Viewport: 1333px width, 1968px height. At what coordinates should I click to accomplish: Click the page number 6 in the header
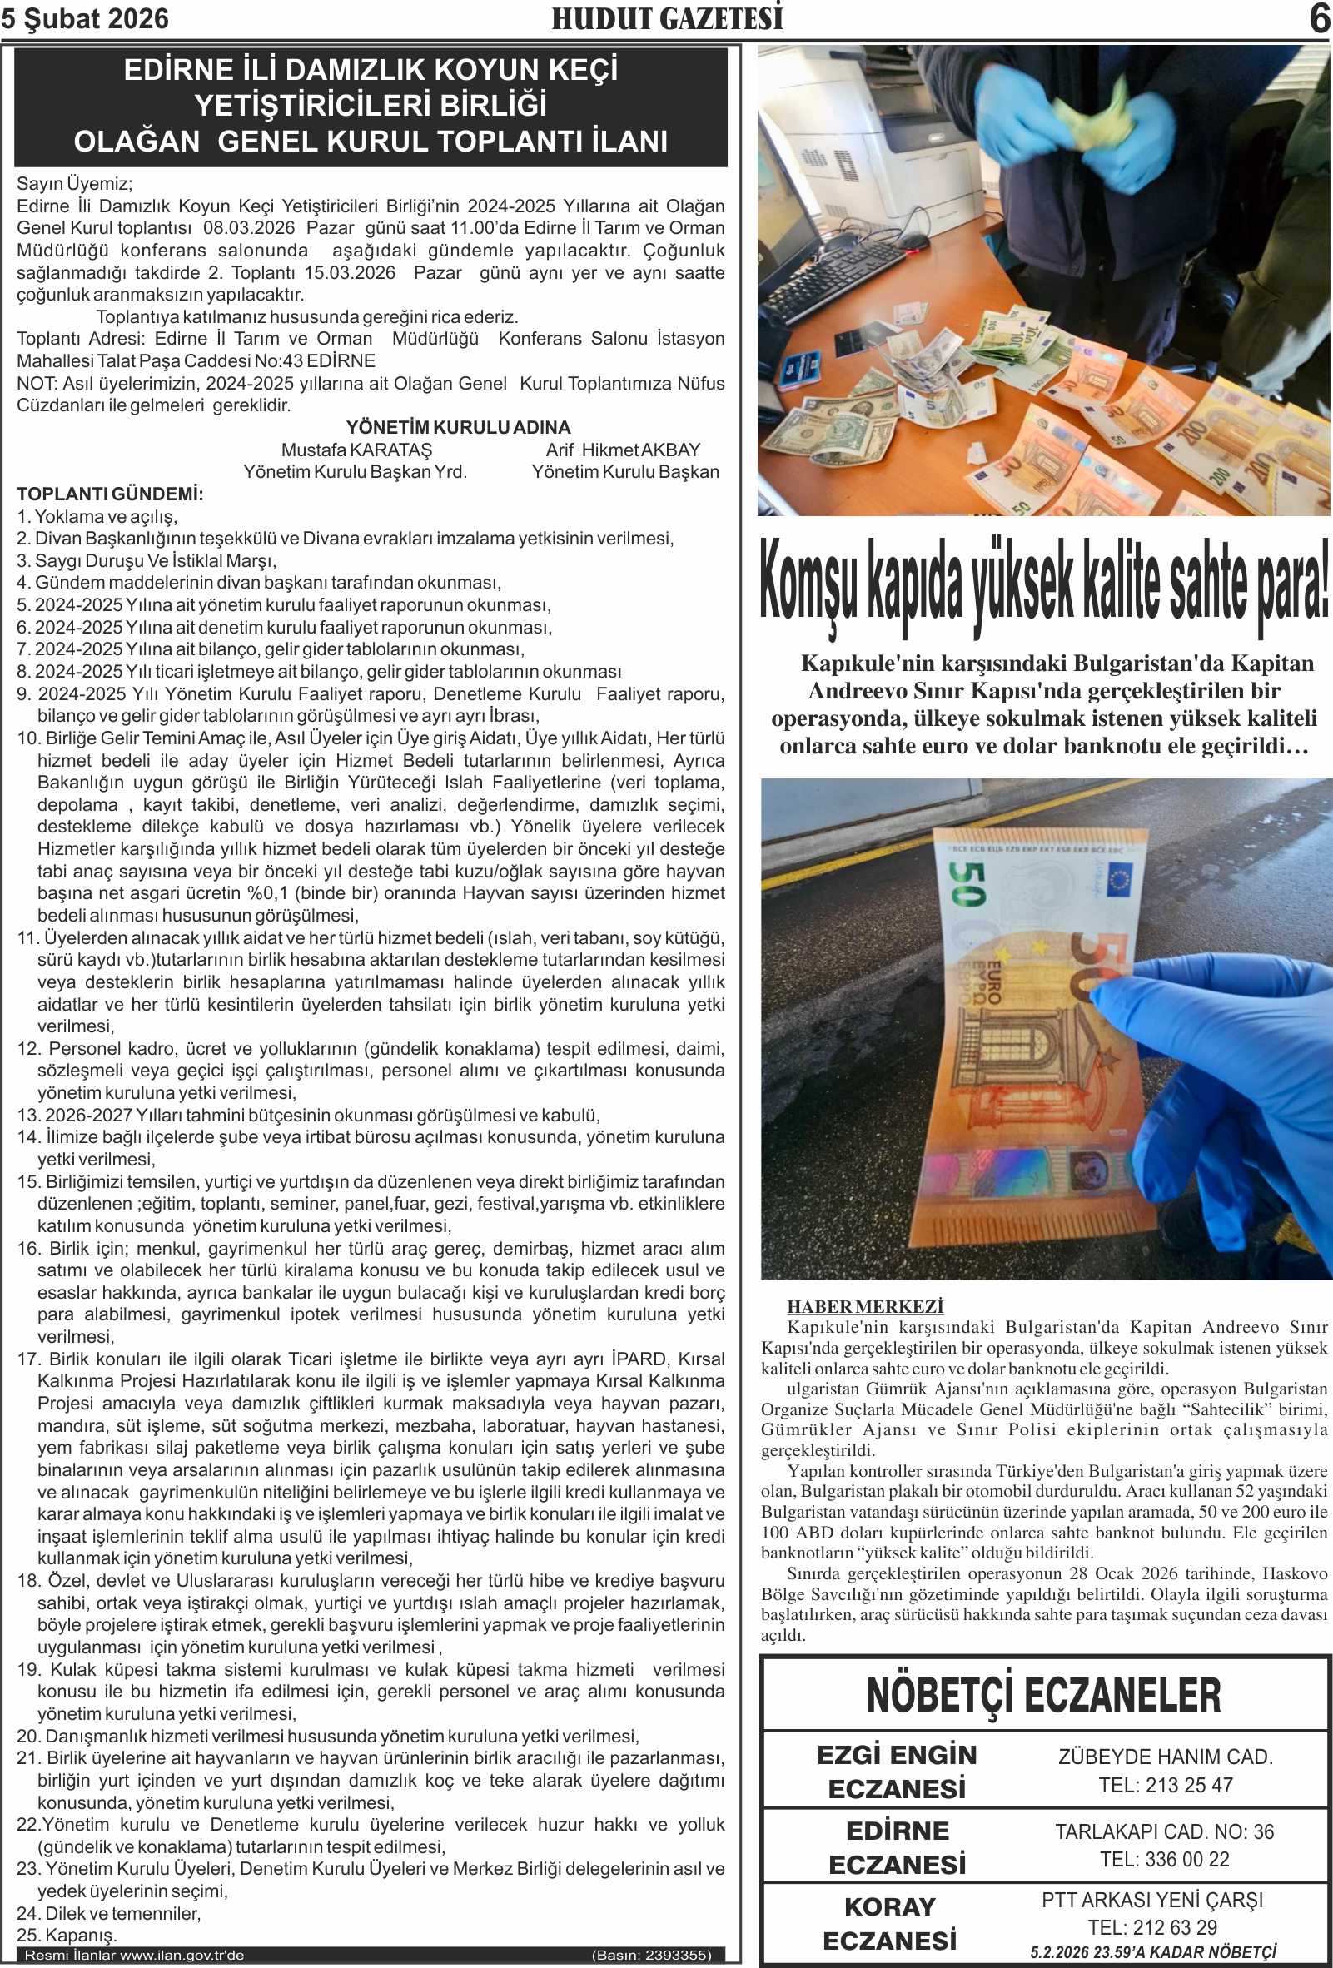pos(1319,18)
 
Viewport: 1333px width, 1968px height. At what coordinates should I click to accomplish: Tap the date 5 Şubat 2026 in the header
pos(85,18)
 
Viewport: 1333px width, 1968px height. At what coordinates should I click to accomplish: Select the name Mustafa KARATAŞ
pos(356,450)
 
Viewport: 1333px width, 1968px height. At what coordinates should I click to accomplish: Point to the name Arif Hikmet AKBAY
pos(624,450)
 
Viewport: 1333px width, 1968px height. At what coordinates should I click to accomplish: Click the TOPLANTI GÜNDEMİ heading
pos(110,494)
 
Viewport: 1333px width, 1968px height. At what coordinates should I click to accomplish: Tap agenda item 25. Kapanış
pos(67,1935)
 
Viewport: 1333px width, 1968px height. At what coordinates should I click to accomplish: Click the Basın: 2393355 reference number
pos(651,1955)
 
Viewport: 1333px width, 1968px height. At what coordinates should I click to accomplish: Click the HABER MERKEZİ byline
pos(865,1307)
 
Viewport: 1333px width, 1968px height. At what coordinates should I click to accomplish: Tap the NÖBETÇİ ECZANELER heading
pos(1043,1694)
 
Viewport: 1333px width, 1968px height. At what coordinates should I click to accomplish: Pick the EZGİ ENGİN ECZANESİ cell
pos(897,1772)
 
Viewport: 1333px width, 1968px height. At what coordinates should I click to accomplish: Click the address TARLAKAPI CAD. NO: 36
pos(1165,1831)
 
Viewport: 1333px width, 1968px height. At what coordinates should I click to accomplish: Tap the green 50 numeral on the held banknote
pos(967,884)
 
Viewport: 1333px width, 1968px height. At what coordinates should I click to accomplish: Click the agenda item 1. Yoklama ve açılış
pos(97,516)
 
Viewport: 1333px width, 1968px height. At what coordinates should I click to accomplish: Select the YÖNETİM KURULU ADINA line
pos(458,428)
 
